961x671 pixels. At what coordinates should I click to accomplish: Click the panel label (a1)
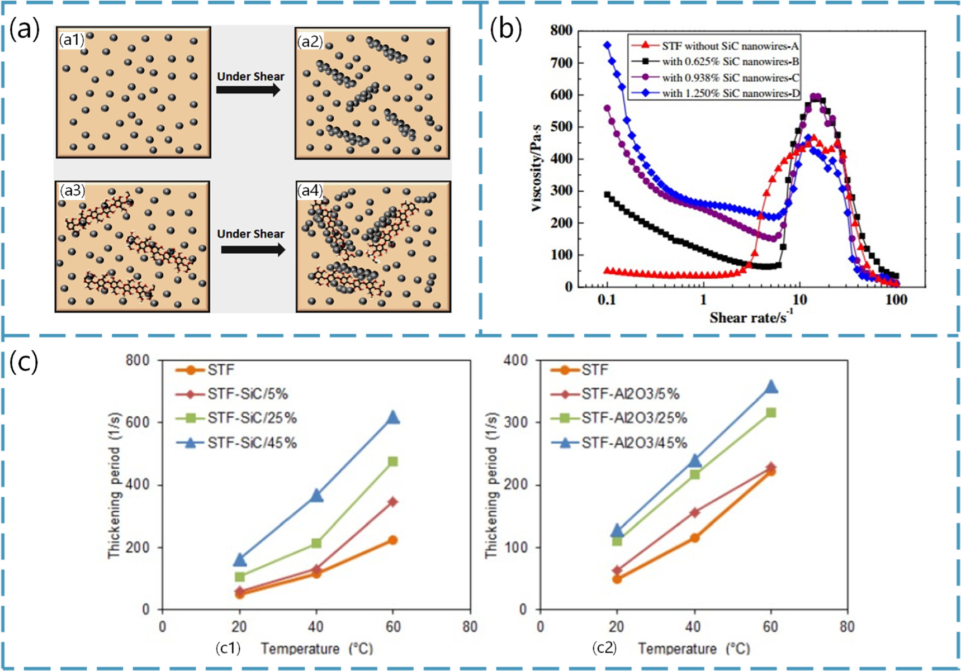[x=72, y=40]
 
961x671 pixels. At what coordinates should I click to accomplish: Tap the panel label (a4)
[x=310, y=191]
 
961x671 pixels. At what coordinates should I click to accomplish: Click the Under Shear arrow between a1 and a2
[x=249, y=89]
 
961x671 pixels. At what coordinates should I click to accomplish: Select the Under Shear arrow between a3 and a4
[x=253, y=249]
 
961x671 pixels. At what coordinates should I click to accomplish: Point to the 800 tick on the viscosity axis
[x=561, y=31]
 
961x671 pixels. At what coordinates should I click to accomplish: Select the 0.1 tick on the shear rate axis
[x=607, y=300]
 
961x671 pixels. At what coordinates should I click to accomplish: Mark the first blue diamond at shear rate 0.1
[x=607, y=45]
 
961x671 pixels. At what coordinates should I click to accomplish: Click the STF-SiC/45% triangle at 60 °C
[x=393, y=417]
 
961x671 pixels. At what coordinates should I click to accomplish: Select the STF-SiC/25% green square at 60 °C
[x=392, y=461]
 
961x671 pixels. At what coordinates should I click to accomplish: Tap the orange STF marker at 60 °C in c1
[x=392, y=540]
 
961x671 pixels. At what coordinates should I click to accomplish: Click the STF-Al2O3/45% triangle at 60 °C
[x=771, y=387]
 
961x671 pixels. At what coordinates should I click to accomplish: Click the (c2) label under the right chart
[x=604, y=648]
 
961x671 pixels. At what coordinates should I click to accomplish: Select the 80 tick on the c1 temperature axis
[x=470, y=627]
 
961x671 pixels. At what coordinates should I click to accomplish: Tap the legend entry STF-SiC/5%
[x=247, y=394]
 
